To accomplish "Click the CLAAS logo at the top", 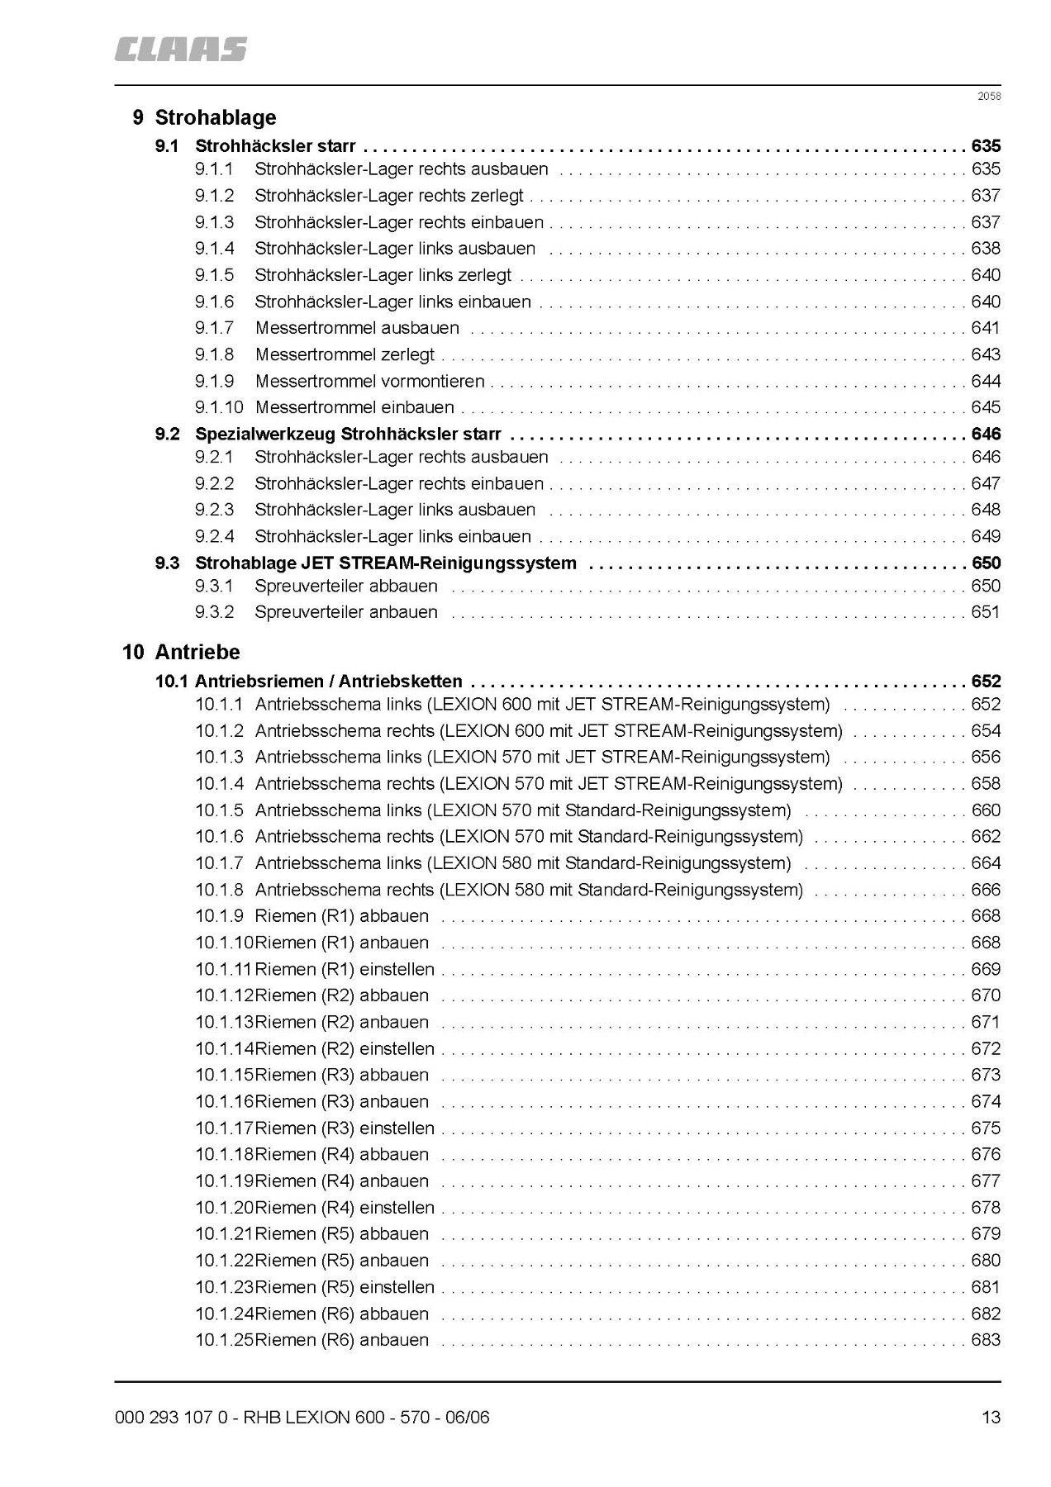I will (x=180, y=50).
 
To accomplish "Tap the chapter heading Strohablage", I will (x=215, y=117).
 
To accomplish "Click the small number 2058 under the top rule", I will (x=989, y=96).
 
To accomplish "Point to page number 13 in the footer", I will (x=991, y=1418).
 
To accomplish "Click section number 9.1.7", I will (x=215, y=328).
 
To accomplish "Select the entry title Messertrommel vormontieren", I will (x=369, y=381).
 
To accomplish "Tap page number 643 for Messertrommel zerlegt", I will (x=986, y=354).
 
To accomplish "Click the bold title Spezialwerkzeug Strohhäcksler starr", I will (x=348, y=434).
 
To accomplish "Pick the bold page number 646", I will (x=986, y=434).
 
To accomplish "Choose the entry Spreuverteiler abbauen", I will (x=345, y=586).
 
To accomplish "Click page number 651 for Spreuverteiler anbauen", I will (x=986, y=612).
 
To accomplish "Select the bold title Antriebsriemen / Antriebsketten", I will (x=329, y=682).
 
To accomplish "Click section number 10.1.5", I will (x=219, y=810).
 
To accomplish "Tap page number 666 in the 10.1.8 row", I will (x=986, y=890).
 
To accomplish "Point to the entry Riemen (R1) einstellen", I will (x=345, y=969).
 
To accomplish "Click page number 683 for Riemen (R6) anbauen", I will (x=986, y=1340).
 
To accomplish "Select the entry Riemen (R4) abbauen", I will (x=342, y=1154).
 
